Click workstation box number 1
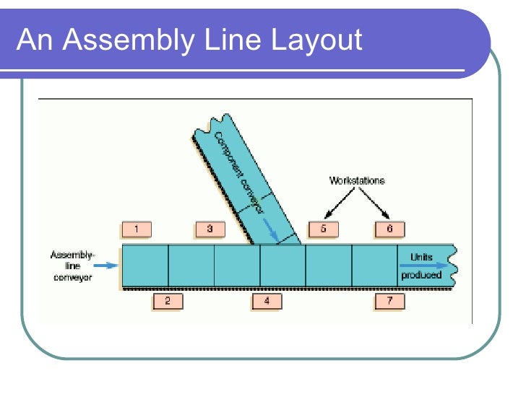click(137, 229)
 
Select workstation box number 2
click(167, 300)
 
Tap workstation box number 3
click(210, 229)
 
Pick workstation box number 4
click(267, 300)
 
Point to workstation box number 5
click(323, 229)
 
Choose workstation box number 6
click(389, 229)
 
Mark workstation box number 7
click(389, 300)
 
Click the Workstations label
click(357, 180)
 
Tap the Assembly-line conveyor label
click(72, 266)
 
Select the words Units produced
click(421, 265)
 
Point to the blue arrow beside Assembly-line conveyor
click(105, 266)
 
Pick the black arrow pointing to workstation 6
click(376, 203)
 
